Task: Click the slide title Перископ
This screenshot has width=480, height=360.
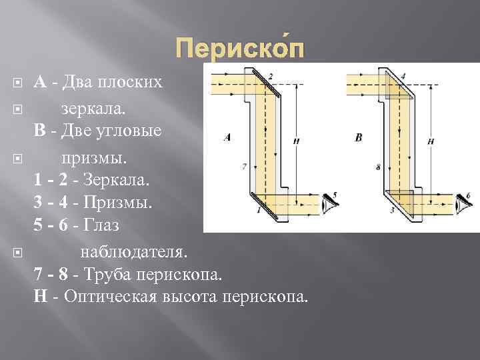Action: click(240, 49)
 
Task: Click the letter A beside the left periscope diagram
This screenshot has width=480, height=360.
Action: click(227, 137)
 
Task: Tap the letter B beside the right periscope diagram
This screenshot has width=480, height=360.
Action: click(359, 137)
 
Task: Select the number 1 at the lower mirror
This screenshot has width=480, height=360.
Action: click(258, 210)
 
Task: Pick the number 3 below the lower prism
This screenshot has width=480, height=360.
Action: click(392, 210)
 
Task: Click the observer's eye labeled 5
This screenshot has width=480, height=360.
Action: click(328, 201)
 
